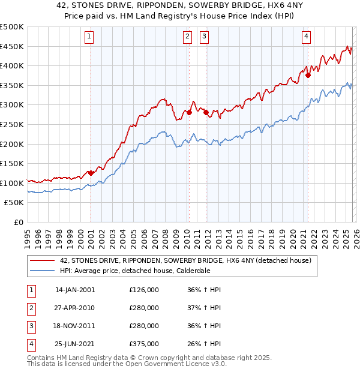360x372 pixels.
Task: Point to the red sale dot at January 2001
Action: [91, 173]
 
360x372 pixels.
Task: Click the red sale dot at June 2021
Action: [308, 76]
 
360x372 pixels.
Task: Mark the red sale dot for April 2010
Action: [189, 112]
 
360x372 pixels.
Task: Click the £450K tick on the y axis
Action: [12, 46]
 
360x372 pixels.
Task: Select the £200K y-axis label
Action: [12, 144]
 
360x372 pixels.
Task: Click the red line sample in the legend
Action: [43, 261]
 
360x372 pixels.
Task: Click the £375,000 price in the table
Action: [144, 344]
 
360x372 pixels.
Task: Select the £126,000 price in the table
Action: [144, 290]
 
